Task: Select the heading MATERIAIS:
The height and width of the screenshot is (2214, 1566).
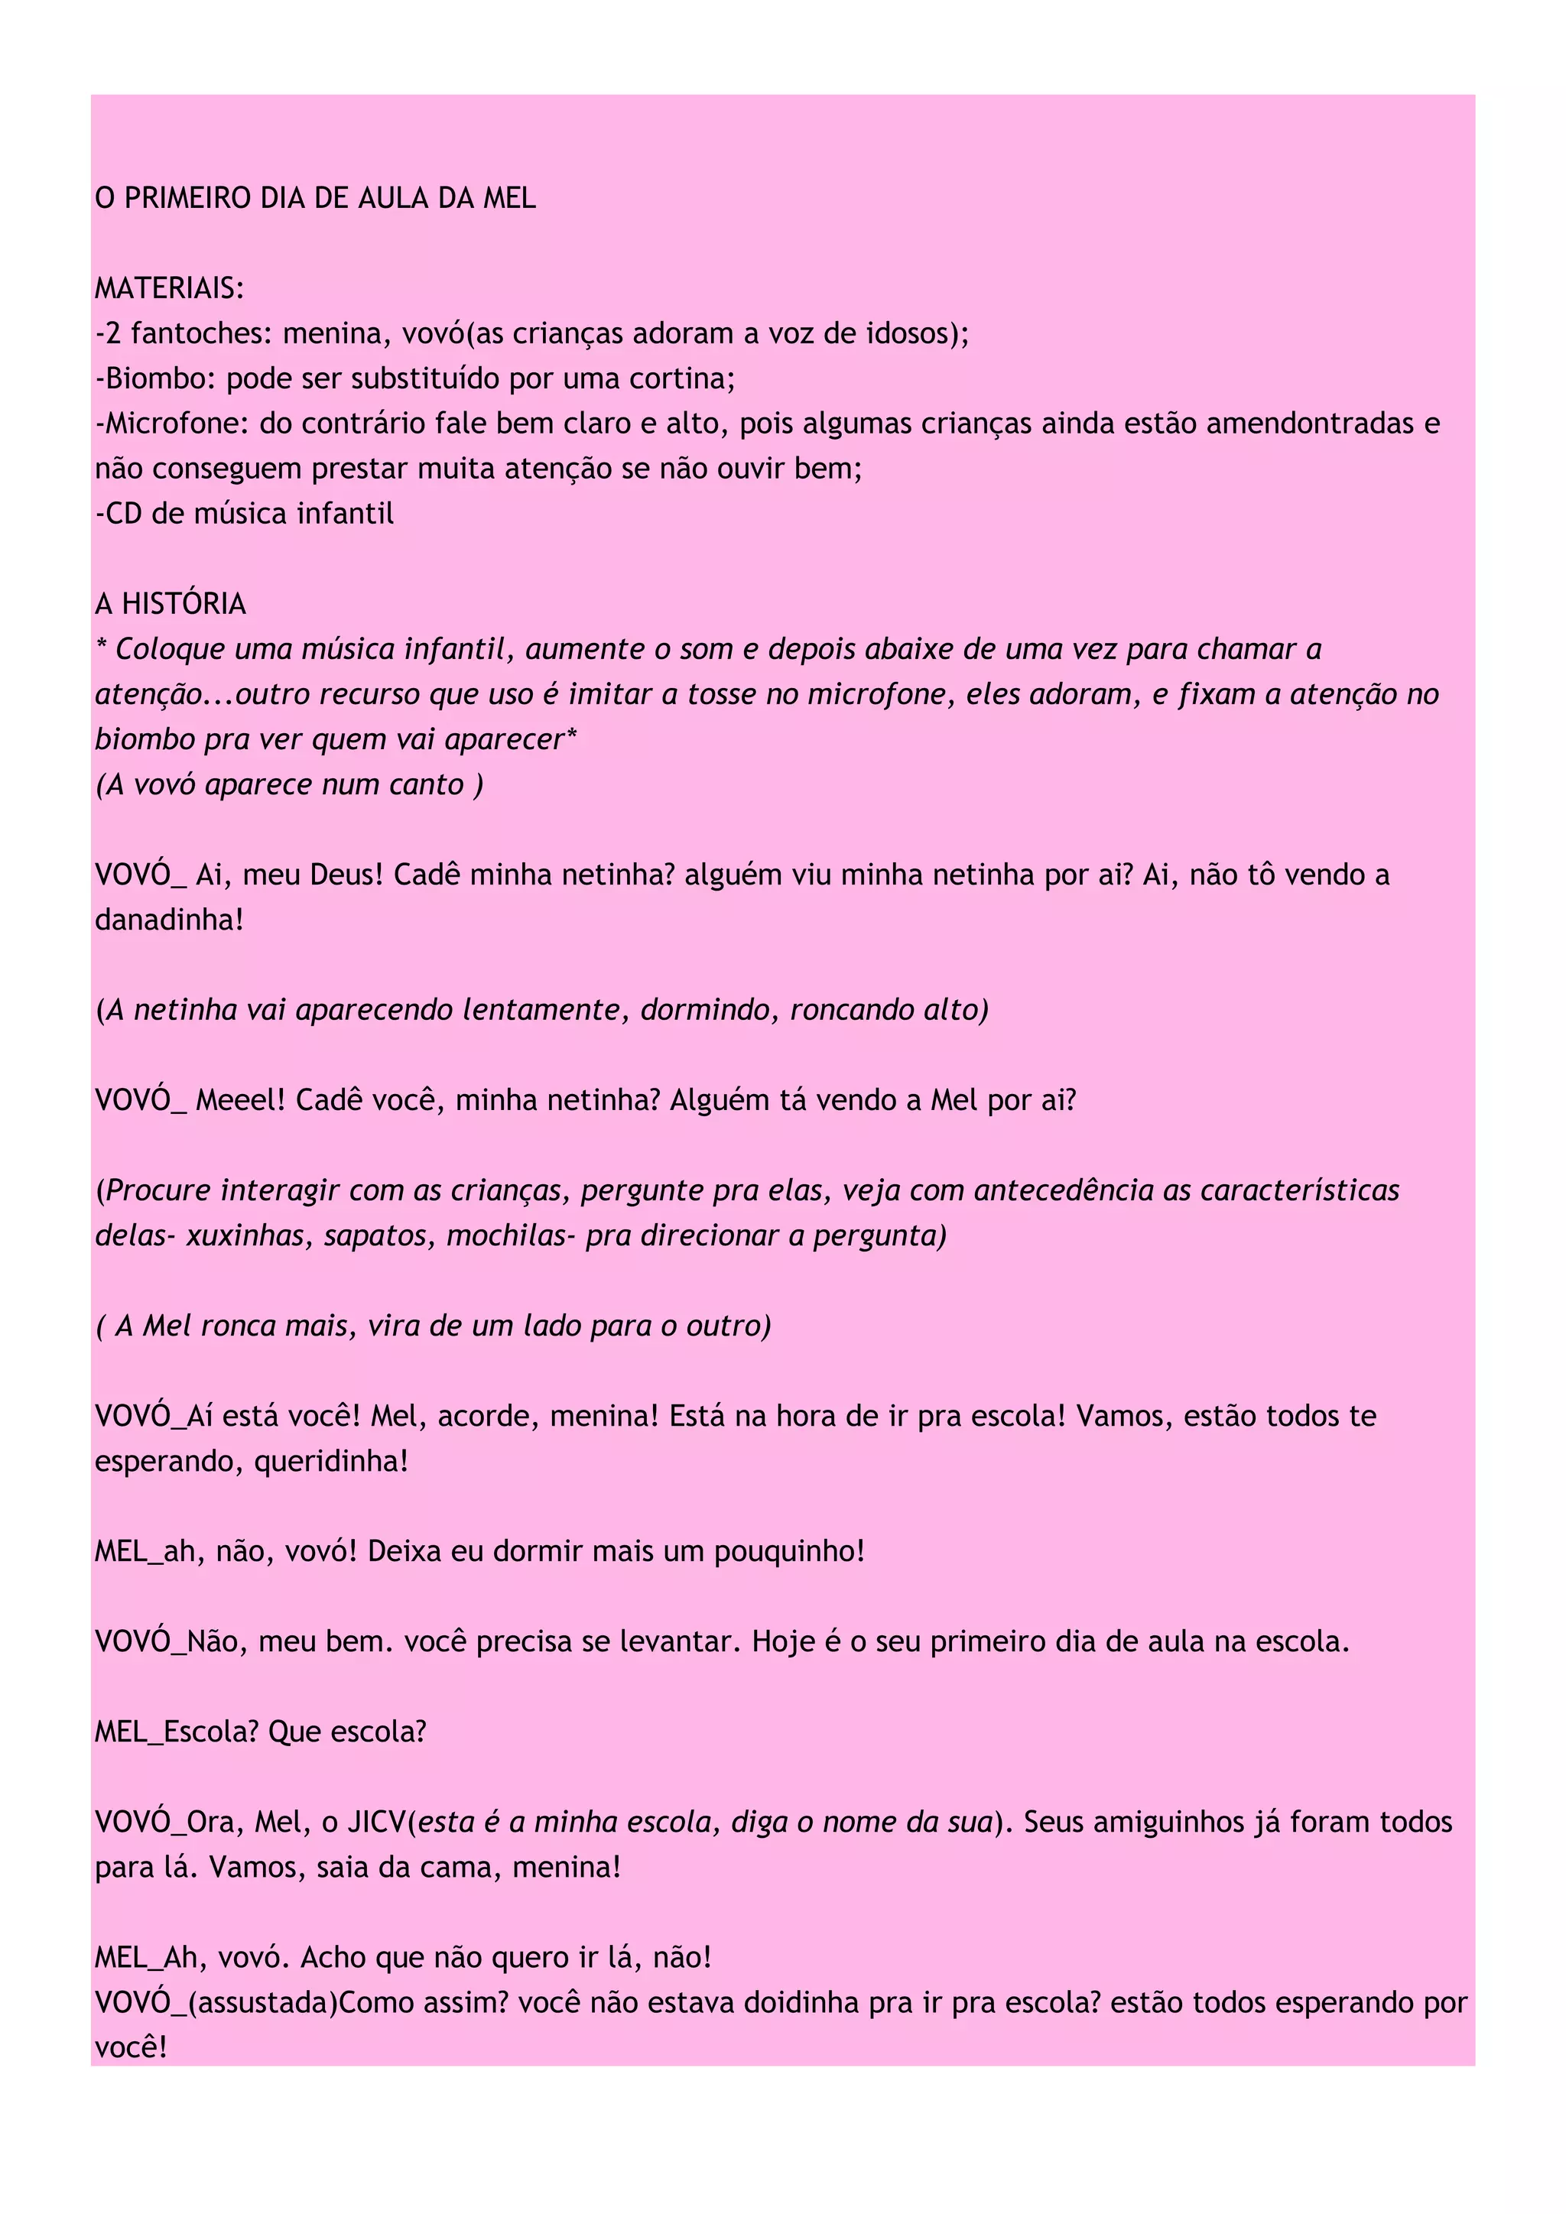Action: click(x=170, y=288)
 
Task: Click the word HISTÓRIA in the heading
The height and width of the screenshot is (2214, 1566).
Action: click(x=184, y=605)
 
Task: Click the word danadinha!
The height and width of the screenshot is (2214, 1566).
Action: click(x=170, y=920)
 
